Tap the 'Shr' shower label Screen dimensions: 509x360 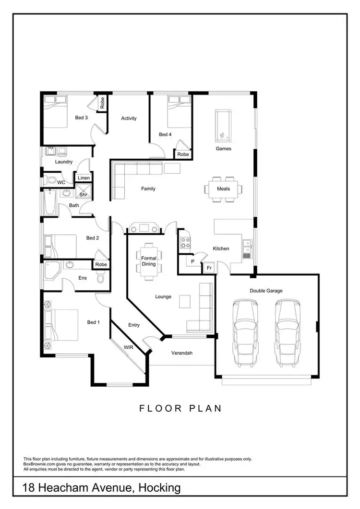point(83,195)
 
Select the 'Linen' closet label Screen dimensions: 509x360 point(84,178)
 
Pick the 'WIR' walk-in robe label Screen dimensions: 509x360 point(129,346)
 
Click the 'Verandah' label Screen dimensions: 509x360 point(182,353)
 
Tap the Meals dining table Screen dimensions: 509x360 point(223,189)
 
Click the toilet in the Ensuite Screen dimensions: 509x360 point(100,278)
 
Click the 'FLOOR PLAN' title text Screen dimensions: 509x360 point(180,409)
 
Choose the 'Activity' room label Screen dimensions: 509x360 point(129,118)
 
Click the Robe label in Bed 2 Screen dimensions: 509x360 point(101,264)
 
